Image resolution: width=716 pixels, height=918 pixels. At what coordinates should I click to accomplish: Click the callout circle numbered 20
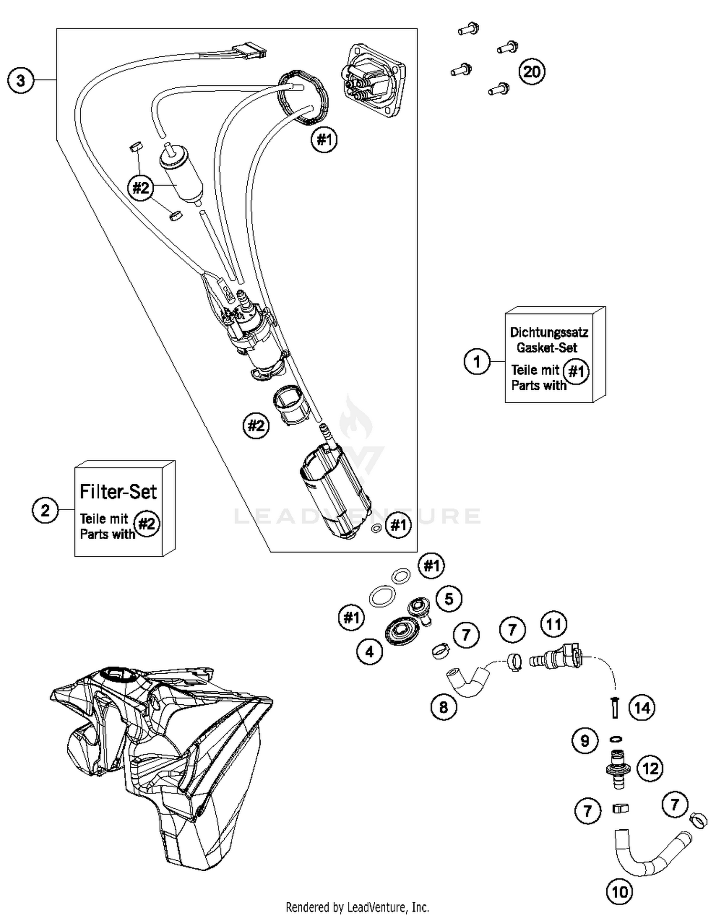pyautogui.click(x=532, y=72)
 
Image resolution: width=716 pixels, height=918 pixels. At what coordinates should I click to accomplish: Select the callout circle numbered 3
pyautogui.click(x=21, y=80)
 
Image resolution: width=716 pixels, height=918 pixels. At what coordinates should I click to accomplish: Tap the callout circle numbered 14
pyautogui.click(x=642, y=708)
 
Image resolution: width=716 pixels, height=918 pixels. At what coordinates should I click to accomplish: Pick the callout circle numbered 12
pyautogui.click(x=650, y=768)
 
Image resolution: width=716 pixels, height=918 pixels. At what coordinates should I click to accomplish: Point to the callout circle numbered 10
pyautogui.click(x=620, y=891)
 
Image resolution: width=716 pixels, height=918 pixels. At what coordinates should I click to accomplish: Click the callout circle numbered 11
pyautogui.click(x=554, y=624)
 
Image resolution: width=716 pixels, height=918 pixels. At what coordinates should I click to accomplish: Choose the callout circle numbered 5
pyautogui.click(x=449, y=599)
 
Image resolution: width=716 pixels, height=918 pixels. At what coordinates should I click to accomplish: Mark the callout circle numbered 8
pyautogui.click(x=443, y=707)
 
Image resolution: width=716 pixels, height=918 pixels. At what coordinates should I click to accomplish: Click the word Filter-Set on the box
pyautogui.click(x=118, y=491)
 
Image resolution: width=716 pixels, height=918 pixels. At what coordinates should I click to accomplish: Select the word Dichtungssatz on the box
pyautogui.click(x=549, y=332)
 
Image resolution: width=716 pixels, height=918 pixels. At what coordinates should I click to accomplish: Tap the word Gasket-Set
pyautogui.click(x=547, y=347)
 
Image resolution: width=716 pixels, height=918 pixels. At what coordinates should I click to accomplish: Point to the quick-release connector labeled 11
pyautogui.click(x=556, y=659)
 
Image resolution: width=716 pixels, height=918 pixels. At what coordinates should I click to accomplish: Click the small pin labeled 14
pyautogui.click(x=615, y=707)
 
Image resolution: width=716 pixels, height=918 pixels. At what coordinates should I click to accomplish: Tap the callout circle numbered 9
pyautogui.click(x=585, y=741)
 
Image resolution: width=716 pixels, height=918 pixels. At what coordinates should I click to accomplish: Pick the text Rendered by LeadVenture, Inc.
pyautogui.click(x=357, y=907)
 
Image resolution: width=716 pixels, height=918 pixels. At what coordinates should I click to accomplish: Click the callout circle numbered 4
pyautogui.click(x=369, y=651)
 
